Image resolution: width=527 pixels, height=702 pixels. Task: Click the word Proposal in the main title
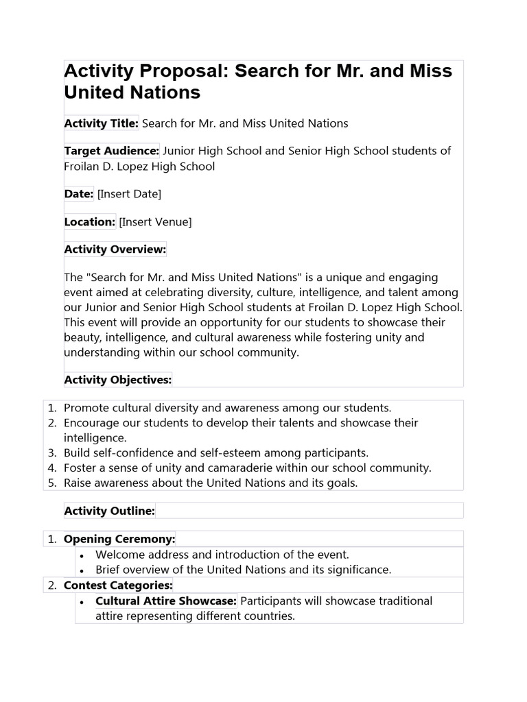pyautogui.click(x=185, y=71)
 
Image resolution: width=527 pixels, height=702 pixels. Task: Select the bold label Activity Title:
pyautogui.click(x=102, y=123)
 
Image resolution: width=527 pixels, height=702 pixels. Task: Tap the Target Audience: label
pyautogui.click(x=112, y=151)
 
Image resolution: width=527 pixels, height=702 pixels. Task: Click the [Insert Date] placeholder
pyautogui.click(x=130, y=194)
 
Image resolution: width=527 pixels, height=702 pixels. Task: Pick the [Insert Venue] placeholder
pyautogui.click(x=155, y=222)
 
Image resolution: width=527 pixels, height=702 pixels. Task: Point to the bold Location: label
pyautogui.click(x=90, y=222)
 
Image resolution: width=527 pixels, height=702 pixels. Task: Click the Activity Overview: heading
pyautogui.click(x=115, y=250)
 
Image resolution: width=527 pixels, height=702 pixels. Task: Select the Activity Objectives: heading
pyautogui.click(x=118, y=379)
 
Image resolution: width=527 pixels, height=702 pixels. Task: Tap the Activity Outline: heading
pyautogui.click(x=110, y=511)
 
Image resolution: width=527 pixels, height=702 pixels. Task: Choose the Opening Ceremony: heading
pyautogui.click(x=119, y=539)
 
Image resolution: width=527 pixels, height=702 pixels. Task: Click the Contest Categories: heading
pyautogui.click(x=118, y=585)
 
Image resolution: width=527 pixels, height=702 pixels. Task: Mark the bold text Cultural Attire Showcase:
pyautogui.click(x=166, y=601)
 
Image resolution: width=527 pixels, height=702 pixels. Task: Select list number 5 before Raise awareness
pyautogui.click(x=51, y=483)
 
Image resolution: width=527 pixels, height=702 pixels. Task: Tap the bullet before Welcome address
pyautogui.click(x=82, y=555)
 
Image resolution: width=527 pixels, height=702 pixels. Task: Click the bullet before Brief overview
pyautogui.click(x=82, y=570)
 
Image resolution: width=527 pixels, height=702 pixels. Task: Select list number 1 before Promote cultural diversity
pyautogui.click(x=51, y=408)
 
